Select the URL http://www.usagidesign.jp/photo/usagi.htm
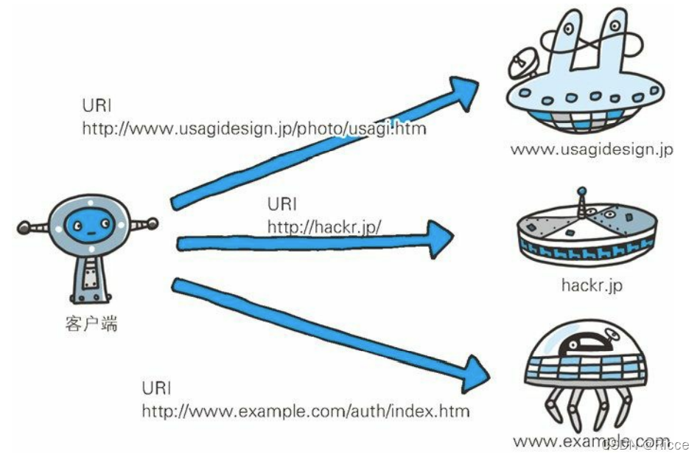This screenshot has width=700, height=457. tap(254, 128)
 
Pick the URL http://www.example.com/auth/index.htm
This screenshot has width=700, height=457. tap(305, 411)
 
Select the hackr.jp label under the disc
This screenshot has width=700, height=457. tap(591, 285)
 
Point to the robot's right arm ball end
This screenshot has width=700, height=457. tap(153, 221)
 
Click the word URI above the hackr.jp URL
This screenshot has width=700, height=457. tap(281, 204)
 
